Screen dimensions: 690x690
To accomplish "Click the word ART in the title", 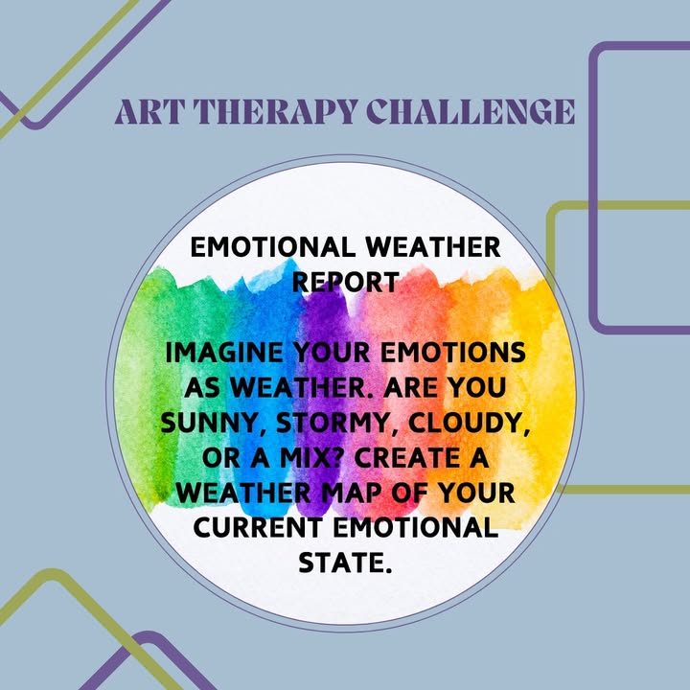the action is point(148,111).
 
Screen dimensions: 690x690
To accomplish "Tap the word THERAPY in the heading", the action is point(275,111).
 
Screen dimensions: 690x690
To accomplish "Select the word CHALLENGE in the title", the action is point(471,111).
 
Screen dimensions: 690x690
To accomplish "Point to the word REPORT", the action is point(346,282).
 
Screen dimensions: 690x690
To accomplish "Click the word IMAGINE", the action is point(224,353).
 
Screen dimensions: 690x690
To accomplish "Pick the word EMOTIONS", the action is point(452,353).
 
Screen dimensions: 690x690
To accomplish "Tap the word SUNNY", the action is point(214,423).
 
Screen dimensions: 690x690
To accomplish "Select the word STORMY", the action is point(338,423).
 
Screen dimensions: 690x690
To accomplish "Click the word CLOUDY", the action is point(469,423).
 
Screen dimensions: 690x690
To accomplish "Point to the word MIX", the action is point(310,458).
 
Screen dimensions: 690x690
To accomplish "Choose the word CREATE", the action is point(407,458).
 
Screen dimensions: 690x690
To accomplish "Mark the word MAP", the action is point(351,494).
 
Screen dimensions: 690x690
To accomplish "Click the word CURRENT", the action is point(258,528).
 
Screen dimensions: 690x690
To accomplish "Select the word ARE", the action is point(410,388).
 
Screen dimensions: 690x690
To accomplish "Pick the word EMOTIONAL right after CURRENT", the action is point(415,528).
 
